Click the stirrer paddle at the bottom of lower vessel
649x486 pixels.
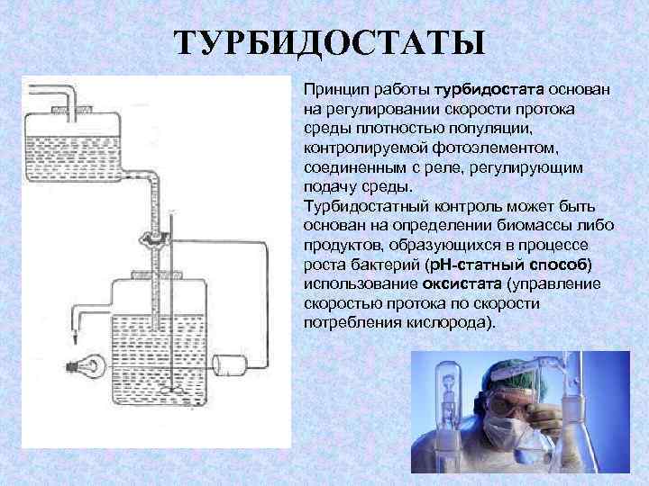click(172, 391)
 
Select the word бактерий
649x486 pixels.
click(376, 264)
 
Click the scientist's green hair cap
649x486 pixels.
click(509, 375)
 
